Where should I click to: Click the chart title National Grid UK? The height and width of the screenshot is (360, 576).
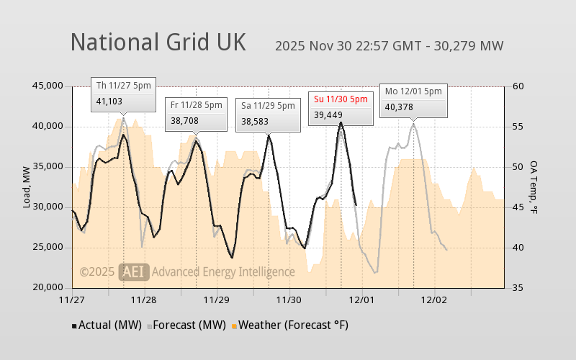click(158, 42)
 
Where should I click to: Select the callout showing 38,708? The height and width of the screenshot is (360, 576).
click(196, 113)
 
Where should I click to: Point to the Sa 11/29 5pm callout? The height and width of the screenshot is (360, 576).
click(268, 114)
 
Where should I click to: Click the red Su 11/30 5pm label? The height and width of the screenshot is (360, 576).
click(341, 99)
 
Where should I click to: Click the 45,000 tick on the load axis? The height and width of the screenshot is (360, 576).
click(49, 86)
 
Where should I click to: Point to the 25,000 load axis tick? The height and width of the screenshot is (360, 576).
click(49, 248)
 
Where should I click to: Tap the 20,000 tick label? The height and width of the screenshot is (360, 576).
click(49, 288)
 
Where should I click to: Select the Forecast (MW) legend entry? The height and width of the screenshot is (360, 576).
click(187, 325)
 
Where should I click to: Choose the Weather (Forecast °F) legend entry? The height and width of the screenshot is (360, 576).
click(289, 325)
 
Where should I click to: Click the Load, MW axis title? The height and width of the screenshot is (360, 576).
click(27, 187)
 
